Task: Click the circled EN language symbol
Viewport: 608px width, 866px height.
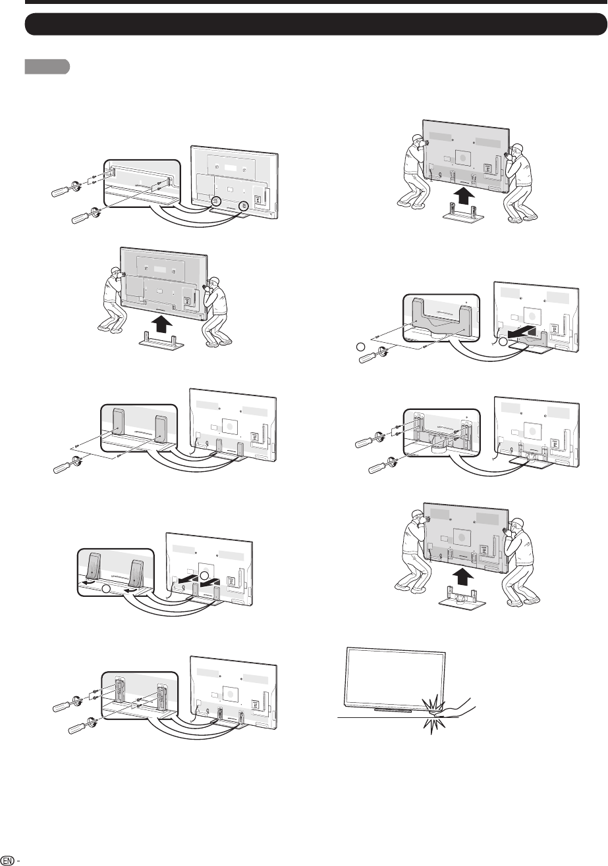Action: [x=8, y=860]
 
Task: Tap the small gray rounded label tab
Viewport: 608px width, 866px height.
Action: [x=47, y=66]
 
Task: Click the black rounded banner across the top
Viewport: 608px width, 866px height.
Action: [x=316, y=24]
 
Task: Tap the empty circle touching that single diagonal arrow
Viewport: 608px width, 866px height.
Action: [x=503, y=342]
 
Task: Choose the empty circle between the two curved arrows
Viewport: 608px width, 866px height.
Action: [x=107, y=589]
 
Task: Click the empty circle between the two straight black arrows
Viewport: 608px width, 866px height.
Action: [x=204, y=576]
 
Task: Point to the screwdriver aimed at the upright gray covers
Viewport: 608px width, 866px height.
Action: [x=65, y=465]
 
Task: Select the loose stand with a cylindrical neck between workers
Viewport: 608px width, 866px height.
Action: [x=462, y=599]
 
